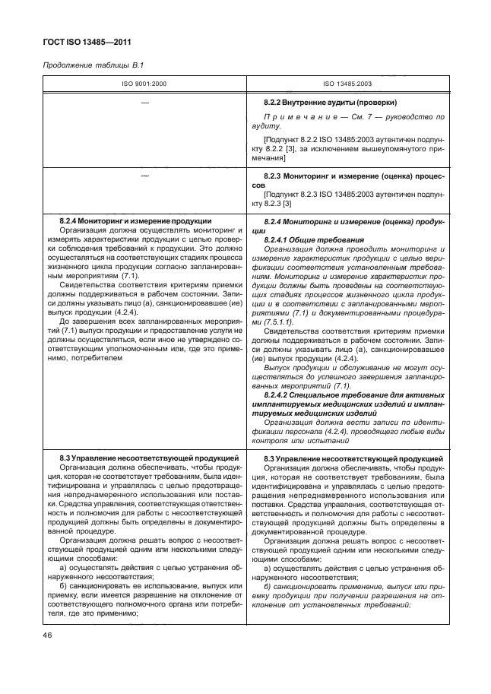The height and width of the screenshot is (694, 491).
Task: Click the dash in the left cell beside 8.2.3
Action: (144, 176)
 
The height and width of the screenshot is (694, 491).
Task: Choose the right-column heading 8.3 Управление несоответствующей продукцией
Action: (353, 459)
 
